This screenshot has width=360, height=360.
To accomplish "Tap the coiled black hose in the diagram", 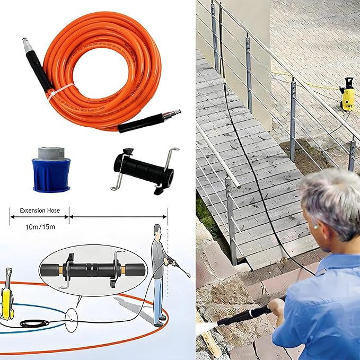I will [35, 323].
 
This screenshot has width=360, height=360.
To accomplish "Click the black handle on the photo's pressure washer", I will [348, 82].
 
